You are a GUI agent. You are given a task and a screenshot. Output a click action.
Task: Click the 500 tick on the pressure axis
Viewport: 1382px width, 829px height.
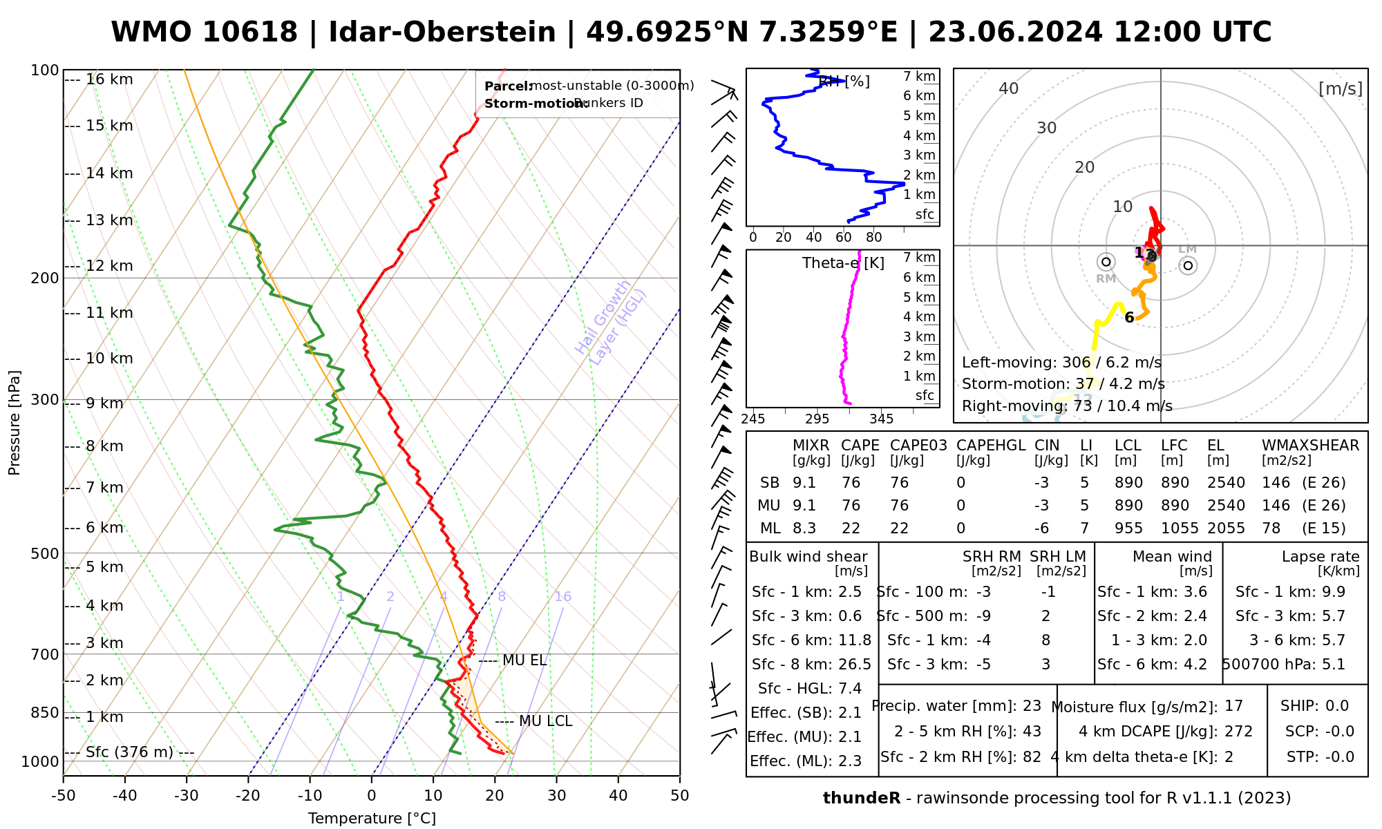coord(45,553)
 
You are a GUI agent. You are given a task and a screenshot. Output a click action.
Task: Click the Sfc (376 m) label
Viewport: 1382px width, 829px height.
coord(129,752)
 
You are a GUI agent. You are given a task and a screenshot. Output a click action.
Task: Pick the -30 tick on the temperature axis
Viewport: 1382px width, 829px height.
coord(187,796)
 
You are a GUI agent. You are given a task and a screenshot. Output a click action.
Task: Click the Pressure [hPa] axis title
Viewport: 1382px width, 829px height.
coord(15,423)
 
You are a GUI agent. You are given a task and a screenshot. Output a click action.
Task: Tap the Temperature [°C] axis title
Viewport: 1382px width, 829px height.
coord(372,819)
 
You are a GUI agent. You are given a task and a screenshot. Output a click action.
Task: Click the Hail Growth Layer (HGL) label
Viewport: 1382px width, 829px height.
coord(611,323)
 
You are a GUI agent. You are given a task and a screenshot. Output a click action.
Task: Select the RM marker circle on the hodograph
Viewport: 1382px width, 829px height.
coord(1106,262)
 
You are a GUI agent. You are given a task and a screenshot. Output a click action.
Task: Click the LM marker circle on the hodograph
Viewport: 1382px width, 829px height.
coord(1188,265)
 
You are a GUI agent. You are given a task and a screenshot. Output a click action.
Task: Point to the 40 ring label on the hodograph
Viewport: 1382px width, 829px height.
coord(1009,88)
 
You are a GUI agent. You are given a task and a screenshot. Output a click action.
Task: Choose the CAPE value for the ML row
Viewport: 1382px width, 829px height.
coord(851,528)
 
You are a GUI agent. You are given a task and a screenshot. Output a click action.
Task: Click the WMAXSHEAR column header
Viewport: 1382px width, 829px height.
coord(1310,446)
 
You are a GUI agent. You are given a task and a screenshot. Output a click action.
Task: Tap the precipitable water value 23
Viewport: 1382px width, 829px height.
coord(1032,706)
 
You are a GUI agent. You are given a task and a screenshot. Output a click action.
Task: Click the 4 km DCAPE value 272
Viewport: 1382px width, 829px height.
coord(1238,732)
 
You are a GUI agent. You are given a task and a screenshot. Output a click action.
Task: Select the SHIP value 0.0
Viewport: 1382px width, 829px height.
coord(1336,706)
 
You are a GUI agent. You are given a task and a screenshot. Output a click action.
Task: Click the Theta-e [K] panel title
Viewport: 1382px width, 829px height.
coord(843,263)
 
